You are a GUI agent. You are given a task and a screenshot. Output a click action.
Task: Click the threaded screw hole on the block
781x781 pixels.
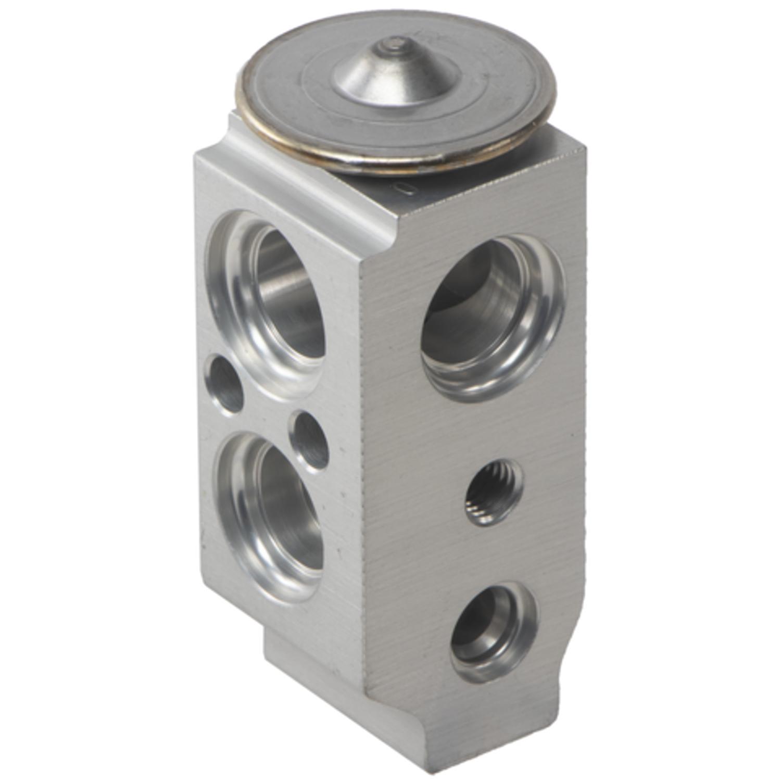493,493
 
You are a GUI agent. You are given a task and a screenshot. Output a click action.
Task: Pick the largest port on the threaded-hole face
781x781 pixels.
493,318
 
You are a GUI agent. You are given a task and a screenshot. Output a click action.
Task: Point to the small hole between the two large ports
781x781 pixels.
310,440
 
